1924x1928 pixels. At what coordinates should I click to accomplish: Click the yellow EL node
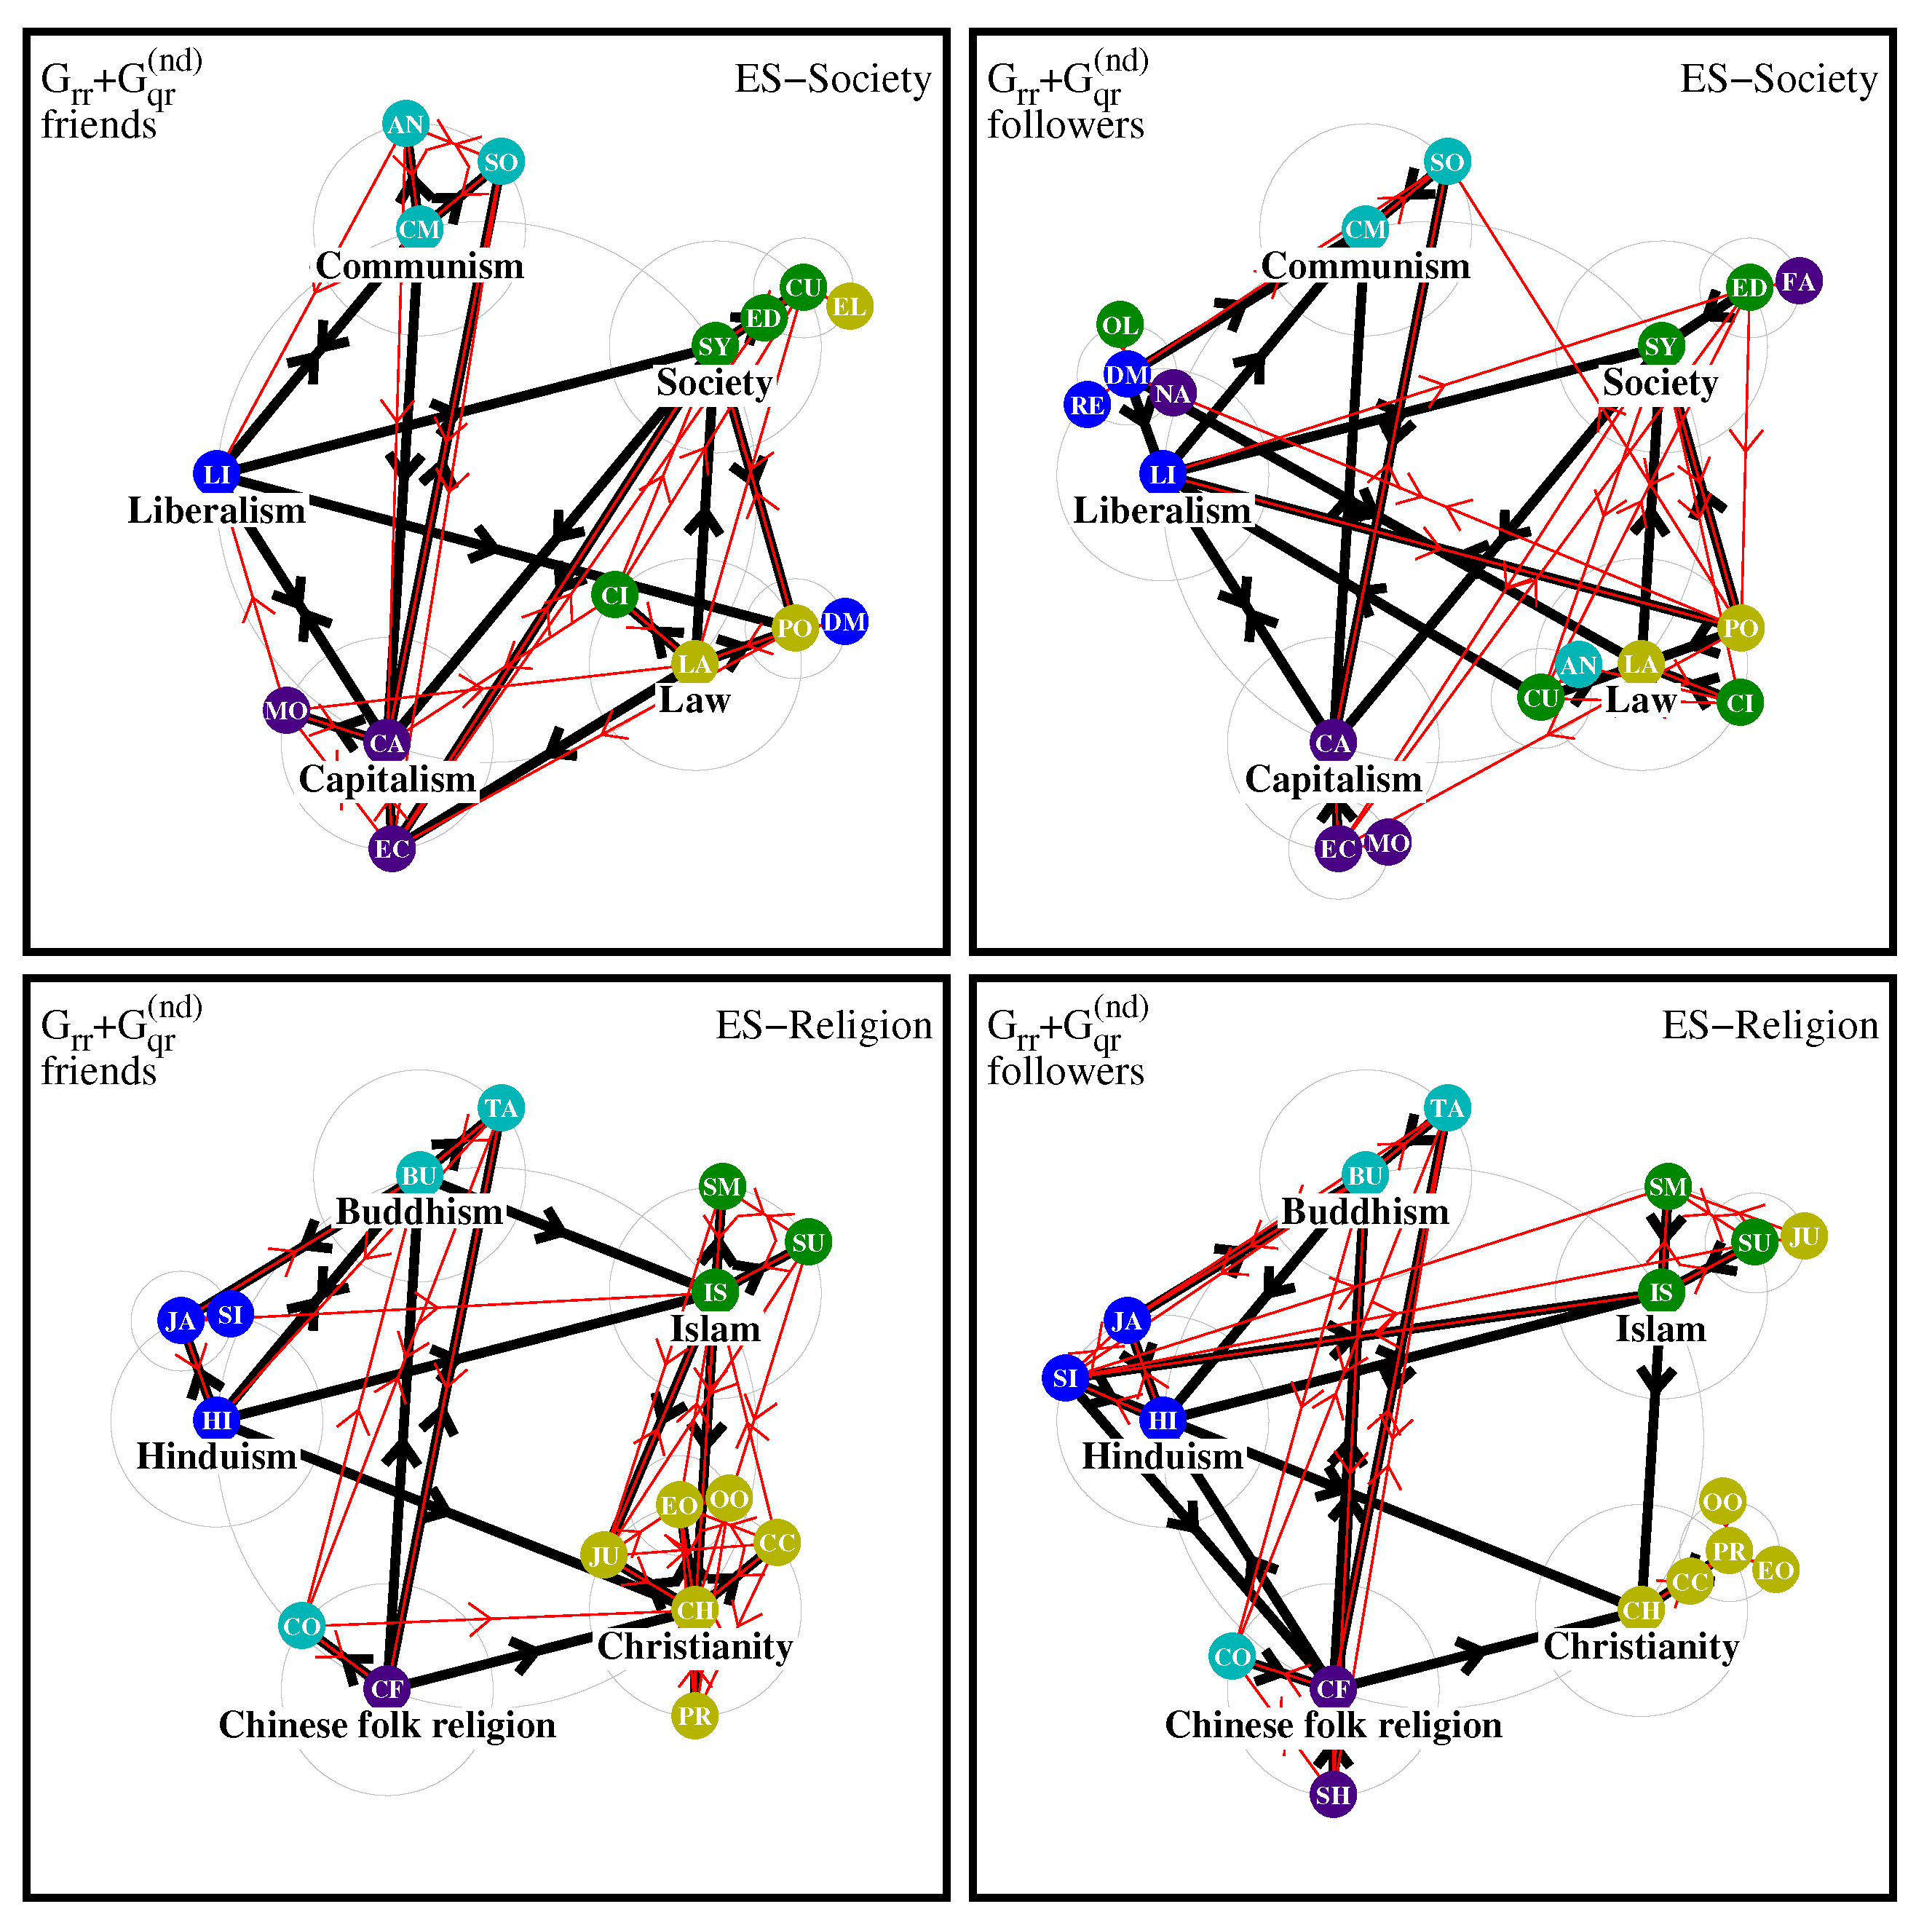(x=850, y=307)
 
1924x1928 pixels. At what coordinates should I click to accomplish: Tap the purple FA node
(x=1798, y=282)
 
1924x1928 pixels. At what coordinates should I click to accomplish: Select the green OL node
(x=1120, y=325)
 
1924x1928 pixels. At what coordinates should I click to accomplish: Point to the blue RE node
(x=1088, y=405)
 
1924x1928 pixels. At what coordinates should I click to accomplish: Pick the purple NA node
(x=1173, y=394)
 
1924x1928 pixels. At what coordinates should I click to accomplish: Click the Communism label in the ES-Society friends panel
(x=419, y=266)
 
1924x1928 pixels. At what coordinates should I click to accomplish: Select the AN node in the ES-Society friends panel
(x=405, y=125)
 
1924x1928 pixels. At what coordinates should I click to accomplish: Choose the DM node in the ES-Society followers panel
(x=1128, y=374)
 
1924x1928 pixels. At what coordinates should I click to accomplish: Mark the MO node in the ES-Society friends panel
(x=286, y=711)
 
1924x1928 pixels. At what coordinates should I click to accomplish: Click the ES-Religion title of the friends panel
(x=823, y=1026)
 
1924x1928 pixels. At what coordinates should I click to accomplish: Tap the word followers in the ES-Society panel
(x=1066, y=126)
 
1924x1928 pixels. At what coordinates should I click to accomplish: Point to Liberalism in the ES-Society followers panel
(x=1162, y=511)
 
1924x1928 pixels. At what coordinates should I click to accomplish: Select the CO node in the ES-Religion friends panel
(x=301, y=1627)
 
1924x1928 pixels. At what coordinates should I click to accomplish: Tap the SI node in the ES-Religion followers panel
(x=1066, y=1378)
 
